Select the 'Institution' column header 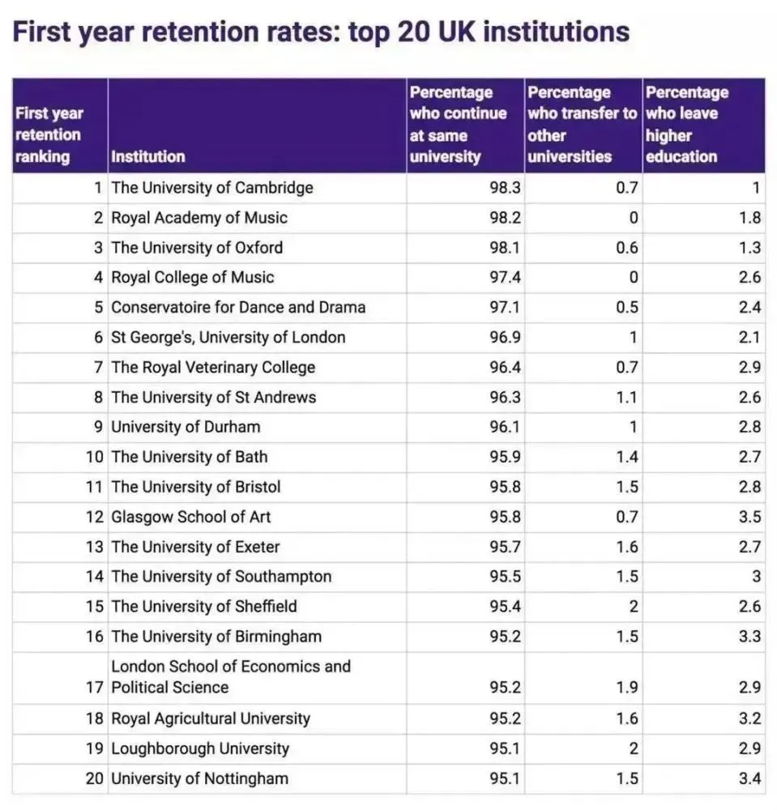[x=148, y=156]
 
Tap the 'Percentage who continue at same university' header [x=458, y=125]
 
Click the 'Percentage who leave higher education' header [x=687, y=125]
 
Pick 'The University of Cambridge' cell [x=212, y=188]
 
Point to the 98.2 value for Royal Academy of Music [x=506, y=218]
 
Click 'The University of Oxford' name [x=197, y=248]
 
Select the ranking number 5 [x=98, y=308]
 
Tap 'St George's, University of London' [x=228, y=338]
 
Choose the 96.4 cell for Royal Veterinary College [x=506, y=368]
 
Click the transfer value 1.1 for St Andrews [x=627, y=398]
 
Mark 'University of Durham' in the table [x=186, y=427]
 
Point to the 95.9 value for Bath [x=506, y=457]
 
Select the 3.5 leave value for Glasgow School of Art [x=750, y=517]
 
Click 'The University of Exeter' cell [x=195, y=547]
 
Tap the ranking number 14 [x=95, y=577]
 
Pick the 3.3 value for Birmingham [x=750, y=637]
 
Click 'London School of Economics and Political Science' [x=231, y=677]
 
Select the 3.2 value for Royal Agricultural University [x=750, y=718]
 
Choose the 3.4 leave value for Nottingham [x=750, y=779]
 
